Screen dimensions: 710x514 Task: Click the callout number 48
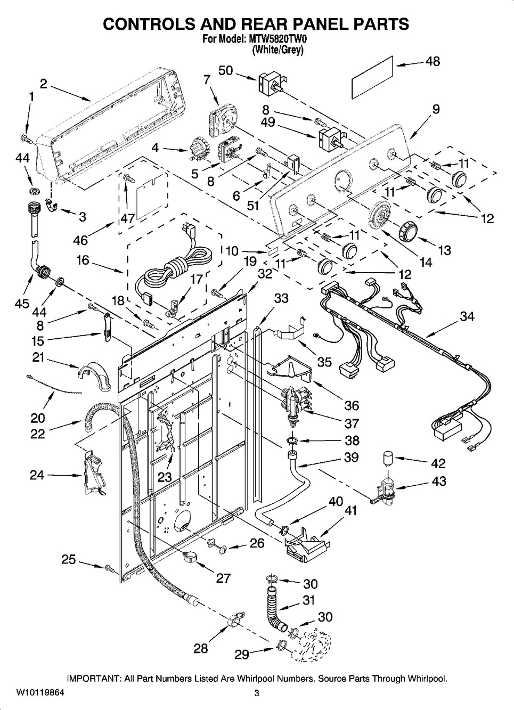433,61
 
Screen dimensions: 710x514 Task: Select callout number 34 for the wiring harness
467,316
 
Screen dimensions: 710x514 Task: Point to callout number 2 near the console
43,84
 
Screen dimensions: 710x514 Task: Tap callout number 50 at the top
226,70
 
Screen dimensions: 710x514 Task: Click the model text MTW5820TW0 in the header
278,39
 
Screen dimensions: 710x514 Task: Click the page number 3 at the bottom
256,693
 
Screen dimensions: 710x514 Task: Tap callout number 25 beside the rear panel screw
68,559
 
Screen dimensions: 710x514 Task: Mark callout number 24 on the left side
37,474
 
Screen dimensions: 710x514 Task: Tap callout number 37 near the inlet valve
352,423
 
